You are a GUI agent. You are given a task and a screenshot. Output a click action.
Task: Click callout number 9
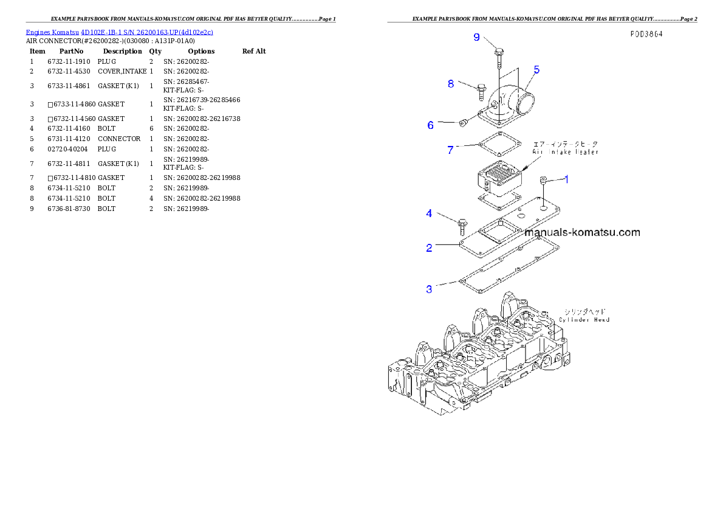pyautogui.click(x=477, y=38)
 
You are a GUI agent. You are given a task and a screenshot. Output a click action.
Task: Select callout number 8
pyautogui.click(x=451, y=84)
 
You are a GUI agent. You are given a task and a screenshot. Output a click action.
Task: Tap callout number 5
pyautogui.click(x=536, y=69)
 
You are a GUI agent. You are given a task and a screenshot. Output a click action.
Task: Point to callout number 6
pyautogui.click(x=431, y=125)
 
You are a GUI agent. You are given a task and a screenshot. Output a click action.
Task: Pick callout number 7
pyautogui.click(x=450, y=150)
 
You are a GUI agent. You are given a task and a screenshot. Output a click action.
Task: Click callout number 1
pyautogui.click(x=566, y=179)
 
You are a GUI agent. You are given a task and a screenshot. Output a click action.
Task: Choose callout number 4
pyautogui.click(x=429, y=213)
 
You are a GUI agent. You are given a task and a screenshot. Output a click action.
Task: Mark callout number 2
pyautogui.click(x=429, y=247)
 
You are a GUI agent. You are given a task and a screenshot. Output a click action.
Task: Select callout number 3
pyautogui.click(x=429, y=289)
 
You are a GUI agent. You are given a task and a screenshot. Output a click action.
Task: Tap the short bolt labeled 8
pyautogui.click(x=482, y=91)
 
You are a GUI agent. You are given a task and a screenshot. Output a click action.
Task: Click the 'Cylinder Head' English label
pyautogui.click(x=584, y=319)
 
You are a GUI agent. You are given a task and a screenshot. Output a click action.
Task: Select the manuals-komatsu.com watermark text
pyautogui.click(x=582, y=232)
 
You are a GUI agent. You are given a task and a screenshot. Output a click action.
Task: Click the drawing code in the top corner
pyautogui.click(x=646, y=34)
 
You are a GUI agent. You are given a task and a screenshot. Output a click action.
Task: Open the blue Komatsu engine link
pyautogui.click(x=119, y=32)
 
